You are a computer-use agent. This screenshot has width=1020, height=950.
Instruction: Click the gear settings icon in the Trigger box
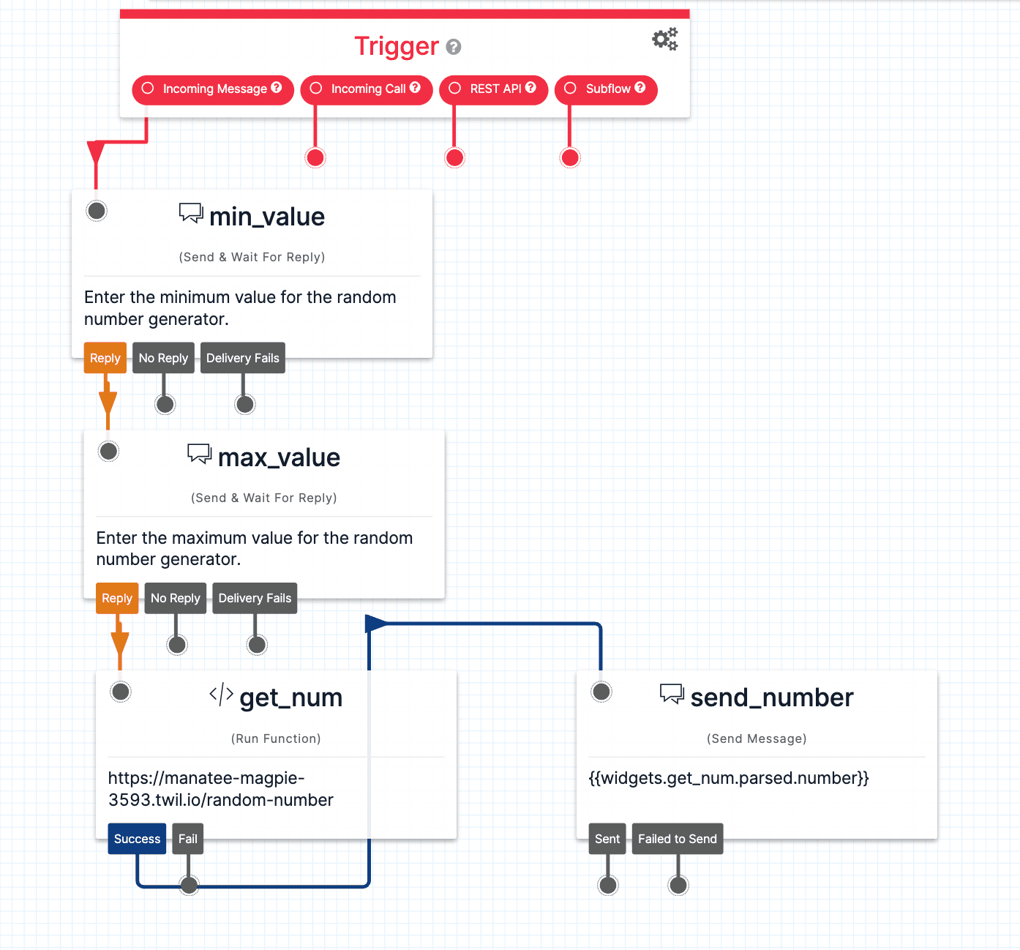click(x=665, y=40)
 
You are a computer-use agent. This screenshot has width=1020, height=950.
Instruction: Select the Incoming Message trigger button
click(x=212, y=89)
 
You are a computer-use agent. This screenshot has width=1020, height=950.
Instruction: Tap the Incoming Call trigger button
click(x=366, y=89)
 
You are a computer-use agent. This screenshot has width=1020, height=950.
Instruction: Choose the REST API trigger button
click(x=494, y=89)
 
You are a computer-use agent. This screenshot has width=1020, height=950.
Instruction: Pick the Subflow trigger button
click(x=606, y=89)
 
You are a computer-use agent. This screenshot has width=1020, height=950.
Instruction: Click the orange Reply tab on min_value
click(x=105, y=358)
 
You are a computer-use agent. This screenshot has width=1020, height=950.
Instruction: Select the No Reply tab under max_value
click(x=176, y=598)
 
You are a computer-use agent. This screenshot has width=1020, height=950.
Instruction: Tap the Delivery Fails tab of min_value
click(x=242, y=358)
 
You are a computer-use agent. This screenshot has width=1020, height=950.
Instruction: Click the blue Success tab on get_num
click(x=137, y=839)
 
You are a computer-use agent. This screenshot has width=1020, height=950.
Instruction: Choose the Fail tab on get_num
click(x=188, y=839)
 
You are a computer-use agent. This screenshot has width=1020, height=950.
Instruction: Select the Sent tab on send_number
click(x=607, y=839)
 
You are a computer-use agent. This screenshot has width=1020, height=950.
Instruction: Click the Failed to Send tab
click(x=677, y=839)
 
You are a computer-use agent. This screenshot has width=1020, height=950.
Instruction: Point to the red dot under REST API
click(x=454, y=157)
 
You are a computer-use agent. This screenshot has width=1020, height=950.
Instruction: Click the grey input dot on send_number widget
click(x=601, y=692)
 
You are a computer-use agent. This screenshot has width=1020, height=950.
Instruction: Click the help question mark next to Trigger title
click(x=454, y=48)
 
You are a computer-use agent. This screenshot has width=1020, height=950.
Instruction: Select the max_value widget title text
click(x=279, y=457)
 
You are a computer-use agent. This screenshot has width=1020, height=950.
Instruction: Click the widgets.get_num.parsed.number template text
click(x=729, y=778)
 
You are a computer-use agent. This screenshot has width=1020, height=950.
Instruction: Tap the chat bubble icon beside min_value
click(x=191, y=213)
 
